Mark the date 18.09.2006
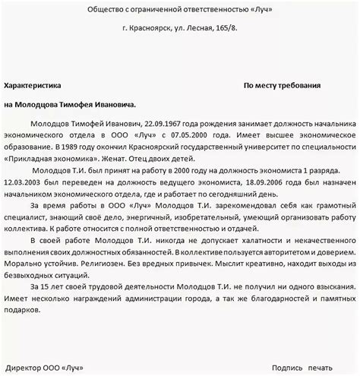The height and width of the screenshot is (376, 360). tap(267, 194)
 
